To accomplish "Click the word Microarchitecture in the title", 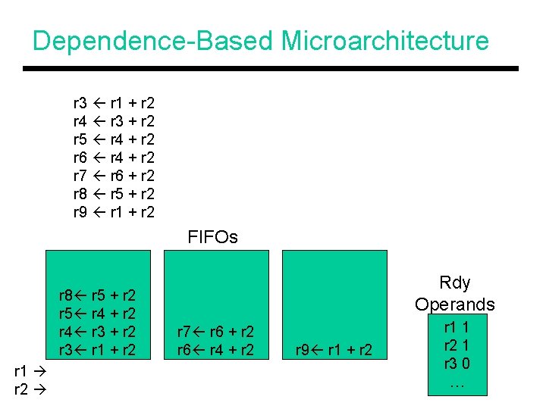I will (384, 40).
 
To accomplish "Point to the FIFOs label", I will (213, 237).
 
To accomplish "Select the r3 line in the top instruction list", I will (114, 102).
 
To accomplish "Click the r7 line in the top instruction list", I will (114, 175).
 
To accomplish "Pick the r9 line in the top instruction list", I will (114, 211).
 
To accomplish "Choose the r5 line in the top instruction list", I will (114, 139).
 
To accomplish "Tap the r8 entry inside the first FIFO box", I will (98, 295).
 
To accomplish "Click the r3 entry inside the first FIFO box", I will (98, 350).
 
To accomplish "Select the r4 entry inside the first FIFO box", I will (98, 332).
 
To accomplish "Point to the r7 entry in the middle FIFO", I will (215, 332).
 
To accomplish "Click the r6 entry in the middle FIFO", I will (215, 350).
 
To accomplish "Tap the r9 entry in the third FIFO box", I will (333, 350).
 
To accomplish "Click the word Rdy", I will (455, 283).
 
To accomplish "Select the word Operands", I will (455, 304).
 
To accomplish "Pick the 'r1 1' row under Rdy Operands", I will (455, 327).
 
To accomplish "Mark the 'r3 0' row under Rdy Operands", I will (455, 364).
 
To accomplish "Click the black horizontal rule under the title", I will (271, 69).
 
